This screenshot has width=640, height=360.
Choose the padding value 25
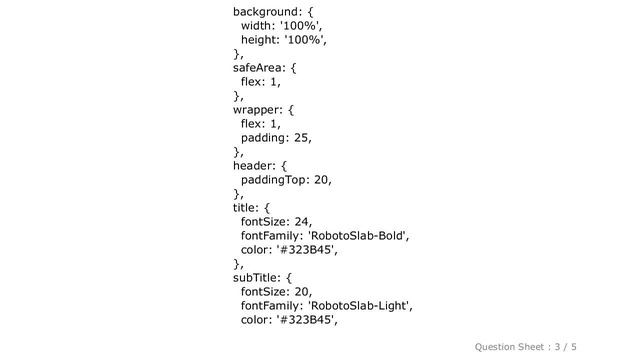(301, 138)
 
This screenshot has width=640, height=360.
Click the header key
(254, 166)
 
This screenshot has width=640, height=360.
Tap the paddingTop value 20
(322, 180)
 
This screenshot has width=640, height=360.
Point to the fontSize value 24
(302, 222)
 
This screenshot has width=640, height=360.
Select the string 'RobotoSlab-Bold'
(357, 236)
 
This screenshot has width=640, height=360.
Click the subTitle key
(257, 278)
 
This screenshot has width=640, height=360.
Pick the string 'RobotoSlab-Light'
(359, 306)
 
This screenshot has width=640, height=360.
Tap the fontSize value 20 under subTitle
(302, 292)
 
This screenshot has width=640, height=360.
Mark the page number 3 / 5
(565, 347)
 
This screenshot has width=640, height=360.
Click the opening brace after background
(311, 12)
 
